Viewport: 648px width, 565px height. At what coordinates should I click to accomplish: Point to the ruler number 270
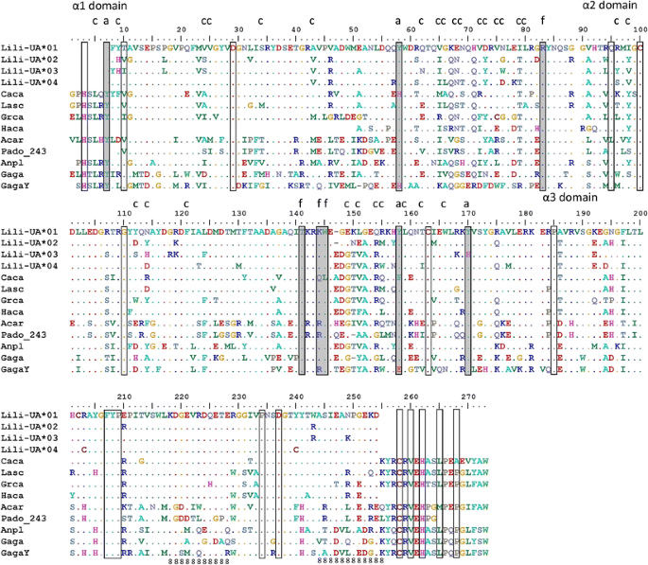pos(467,397)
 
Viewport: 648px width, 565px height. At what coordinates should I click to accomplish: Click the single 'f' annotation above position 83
pos(542,20)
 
